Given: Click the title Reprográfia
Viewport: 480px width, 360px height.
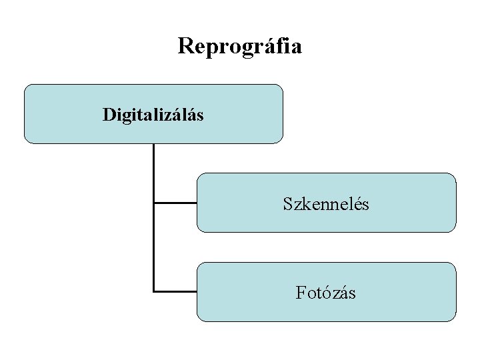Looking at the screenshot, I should (x=240, y=46).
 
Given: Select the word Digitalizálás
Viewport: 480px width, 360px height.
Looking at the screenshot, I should (x=153, y=115).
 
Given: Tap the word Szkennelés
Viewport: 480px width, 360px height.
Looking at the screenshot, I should (x=326, y=203).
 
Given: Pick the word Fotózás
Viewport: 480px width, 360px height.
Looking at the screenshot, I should (x=326, y=292).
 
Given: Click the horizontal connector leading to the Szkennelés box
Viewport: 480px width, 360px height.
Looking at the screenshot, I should (x=175, y=203).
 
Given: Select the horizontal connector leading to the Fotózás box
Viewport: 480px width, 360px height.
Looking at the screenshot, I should (x=175, y=291).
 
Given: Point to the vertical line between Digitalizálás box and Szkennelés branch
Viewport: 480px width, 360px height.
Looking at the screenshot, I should (x=153, y=173).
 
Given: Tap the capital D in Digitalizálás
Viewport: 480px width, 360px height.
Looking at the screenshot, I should (x=109, y=115).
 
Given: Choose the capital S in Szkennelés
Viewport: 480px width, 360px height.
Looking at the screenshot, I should (x=287, y=203).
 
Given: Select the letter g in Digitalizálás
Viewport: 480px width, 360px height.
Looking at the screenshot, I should (x=126, y=116).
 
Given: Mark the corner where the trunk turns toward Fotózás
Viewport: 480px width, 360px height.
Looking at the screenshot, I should (x=154, y=291).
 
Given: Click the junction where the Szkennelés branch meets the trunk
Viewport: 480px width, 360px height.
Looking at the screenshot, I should (x=154, y=203).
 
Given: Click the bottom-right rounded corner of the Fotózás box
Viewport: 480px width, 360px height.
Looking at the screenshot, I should (x=453, y=318).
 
